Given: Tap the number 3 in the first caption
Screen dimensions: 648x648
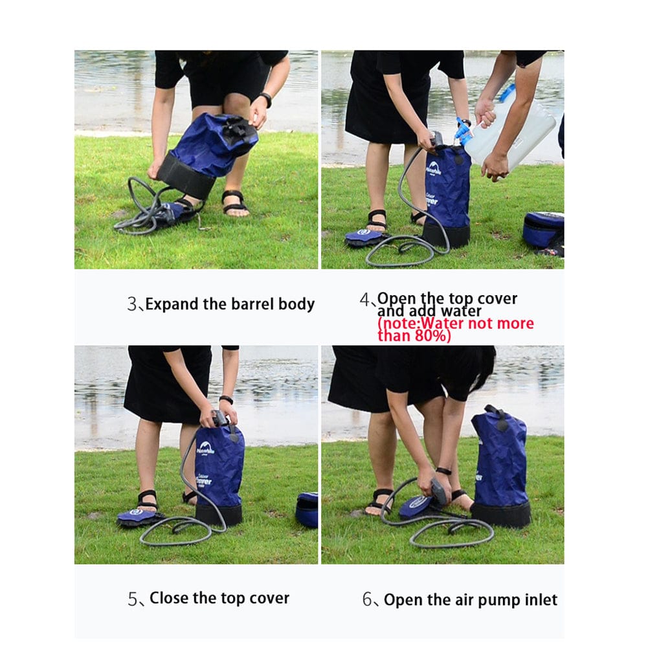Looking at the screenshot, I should pos(131,304).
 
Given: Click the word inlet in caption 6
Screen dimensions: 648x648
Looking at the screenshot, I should pos(539,600).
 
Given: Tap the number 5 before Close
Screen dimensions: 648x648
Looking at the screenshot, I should pos(132,599).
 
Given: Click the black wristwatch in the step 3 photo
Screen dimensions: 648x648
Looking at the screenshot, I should pos(265,100).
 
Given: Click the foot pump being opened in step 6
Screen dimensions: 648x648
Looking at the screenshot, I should pos(418,506).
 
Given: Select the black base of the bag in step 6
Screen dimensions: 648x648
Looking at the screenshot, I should pos(500,513).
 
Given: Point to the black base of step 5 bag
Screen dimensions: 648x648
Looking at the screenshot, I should pos(219,515).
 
